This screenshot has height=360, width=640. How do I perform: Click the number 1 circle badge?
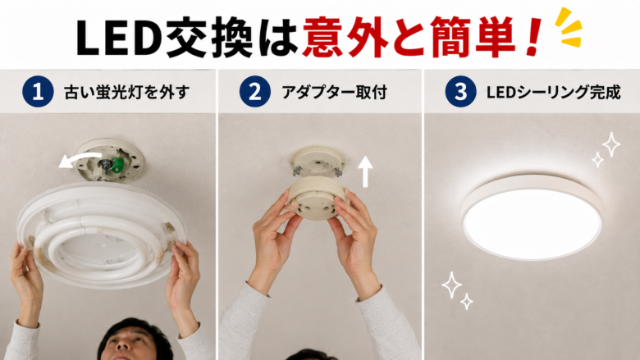(x=38, y=92)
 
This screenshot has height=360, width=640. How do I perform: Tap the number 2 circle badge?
(x=254, y=92)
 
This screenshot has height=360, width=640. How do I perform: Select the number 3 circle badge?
(x=461, y=92)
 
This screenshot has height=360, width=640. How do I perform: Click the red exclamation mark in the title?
(x=533, y=38)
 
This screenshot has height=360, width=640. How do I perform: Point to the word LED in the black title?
(x=118, y=38)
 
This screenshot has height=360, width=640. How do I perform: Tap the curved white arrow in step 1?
(x=80, y=160)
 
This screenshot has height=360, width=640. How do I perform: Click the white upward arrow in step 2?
(x=365, y=171)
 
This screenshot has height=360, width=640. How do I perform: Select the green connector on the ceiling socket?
(x=118, y=164)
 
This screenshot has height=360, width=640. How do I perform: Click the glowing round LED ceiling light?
(x=533, y=218)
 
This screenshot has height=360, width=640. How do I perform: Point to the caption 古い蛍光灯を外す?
(x=127, y=92)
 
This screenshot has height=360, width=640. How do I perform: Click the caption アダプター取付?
(x=334, y=92)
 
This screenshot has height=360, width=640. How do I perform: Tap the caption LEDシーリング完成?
(x=553, y=92)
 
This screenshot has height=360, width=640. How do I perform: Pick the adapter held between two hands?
(x=318, y=198)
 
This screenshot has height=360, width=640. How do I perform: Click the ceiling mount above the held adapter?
(x=318, y=161)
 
